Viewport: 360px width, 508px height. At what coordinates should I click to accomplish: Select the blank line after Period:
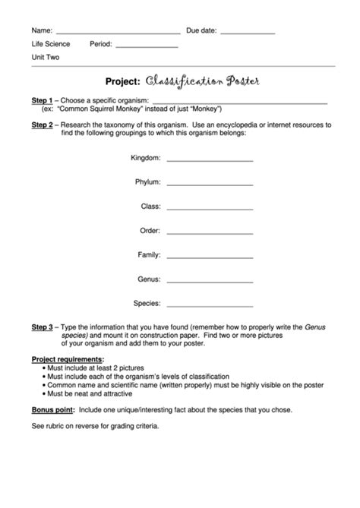(146, 47)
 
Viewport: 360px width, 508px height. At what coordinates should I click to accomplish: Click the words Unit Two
(46, 58)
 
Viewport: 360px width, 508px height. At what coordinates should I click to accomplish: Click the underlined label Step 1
(42, 100)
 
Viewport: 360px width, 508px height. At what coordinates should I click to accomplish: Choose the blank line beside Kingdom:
(210, 161)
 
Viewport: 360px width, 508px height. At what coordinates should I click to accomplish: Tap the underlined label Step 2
(42, 124)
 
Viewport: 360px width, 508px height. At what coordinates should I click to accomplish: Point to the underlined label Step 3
(42, 327)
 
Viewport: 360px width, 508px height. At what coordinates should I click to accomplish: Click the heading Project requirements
(68, 359)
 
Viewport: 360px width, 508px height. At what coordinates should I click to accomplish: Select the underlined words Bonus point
(52, 409)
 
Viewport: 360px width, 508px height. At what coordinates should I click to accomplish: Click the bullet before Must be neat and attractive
(44, 394)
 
